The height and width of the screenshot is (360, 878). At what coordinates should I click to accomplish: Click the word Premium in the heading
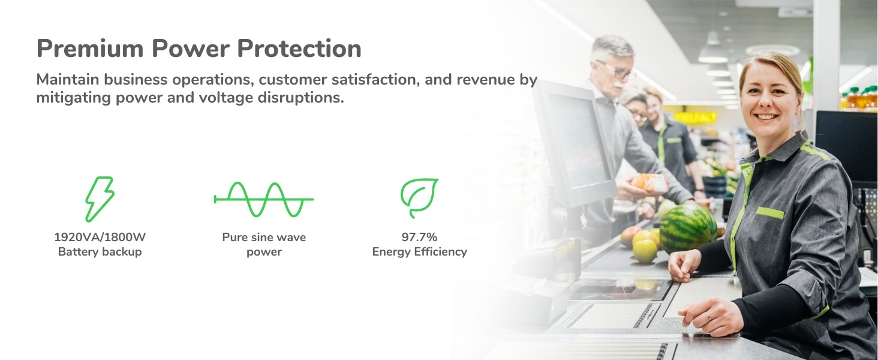(x=90, y=49)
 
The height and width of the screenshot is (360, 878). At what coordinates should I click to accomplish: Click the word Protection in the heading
(x=299, y=48)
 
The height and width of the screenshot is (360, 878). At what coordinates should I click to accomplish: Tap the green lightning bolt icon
(x=100, y=199)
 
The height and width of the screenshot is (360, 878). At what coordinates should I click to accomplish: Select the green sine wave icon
(x=263, y=199)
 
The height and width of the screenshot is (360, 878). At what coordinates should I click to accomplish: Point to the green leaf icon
(x=419, y=197)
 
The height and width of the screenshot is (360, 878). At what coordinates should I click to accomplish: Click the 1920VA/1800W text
(x=100, y=237)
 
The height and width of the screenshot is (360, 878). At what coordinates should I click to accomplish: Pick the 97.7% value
(x=419, y=237)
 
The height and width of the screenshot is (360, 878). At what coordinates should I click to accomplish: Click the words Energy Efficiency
(x=419, y=252)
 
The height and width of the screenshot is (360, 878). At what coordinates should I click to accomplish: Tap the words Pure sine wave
(x=264, y=237)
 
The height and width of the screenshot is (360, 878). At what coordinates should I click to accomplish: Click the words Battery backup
(x=100, y=252)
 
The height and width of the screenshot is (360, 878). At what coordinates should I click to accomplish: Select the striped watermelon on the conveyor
(x=688, y=229)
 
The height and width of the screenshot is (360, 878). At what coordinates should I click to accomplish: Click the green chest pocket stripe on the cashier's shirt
(x=770, y=212)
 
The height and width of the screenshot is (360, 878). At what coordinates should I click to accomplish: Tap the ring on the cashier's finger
(x=708, y=316)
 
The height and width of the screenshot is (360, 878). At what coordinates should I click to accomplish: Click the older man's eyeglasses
(x=616, y=71)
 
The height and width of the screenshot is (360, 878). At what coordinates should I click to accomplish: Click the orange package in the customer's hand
(x=650, y=183)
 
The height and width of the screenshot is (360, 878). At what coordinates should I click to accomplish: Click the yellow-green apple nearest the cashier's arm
(x=645, y=250)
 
